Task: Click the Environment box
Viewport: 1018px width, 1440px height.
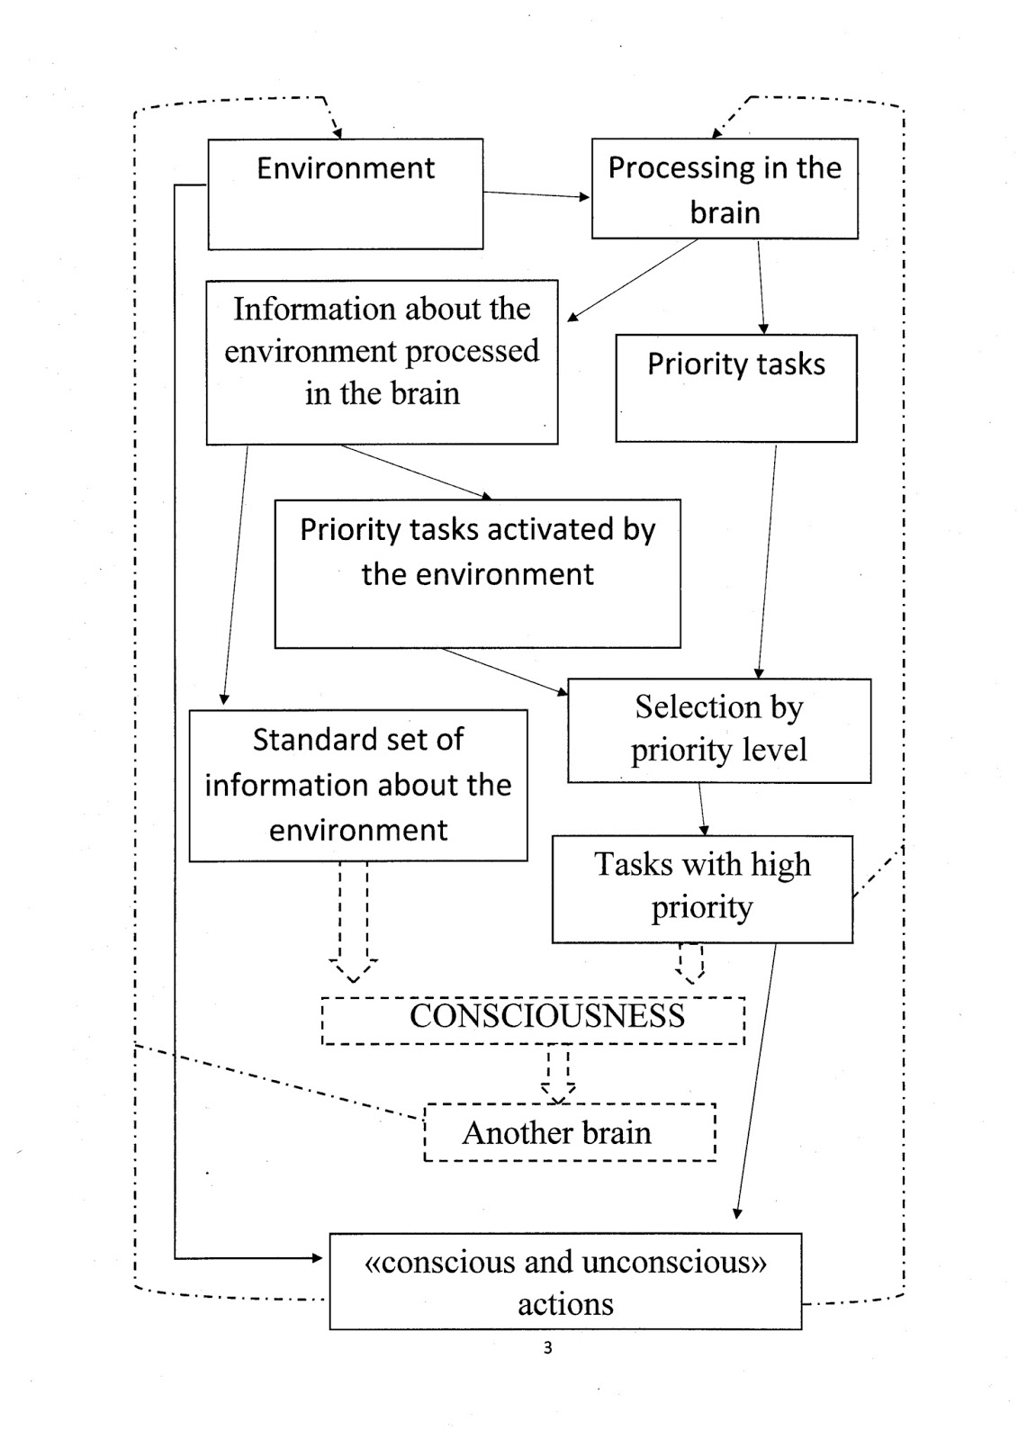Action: coord(346,193)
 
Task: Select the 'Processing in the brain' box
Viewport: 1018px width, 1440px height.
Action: coord(725,188)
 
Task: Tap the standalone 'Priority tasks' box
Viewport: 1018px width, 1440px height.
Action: coord(736,388)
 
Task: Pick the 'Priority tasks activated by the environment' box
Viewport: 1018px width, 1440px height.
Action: coord(477,573)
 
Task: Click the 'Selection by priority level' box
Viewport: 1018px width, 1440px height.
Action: coord(719,730)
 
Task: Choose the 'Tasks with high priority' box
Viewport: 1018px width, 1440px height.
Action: coord(702,889)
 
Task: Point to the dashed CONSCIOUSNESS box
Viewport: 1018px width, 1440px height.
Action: coord(533,1021)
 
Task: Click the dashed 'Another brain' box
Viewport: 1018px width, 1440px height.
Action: coord(570,1132)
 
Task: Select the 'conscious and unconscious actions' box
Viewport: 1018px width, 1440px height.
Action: coord(565,1281)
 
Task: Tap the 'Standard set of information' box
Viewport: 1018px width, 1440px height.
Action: coord(358,785)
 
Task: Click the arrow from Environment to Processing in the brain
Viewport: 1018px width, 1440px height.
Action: coord(536,194)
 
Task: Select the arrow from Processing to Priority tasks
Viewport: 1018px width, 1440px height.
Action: coord(761,287)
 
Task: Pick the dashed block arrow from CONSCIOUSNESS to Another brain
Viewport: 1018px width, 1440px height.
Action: coord(557,1075)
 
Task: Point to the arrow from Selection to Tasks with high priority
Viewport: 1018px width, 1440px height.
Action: coord(702,809)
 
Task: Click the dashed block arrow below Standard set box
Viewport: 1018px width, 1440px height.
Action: coord(353,922)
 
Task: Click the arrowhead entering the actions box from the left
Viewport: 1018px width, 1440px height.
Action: coord(317,1258)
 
